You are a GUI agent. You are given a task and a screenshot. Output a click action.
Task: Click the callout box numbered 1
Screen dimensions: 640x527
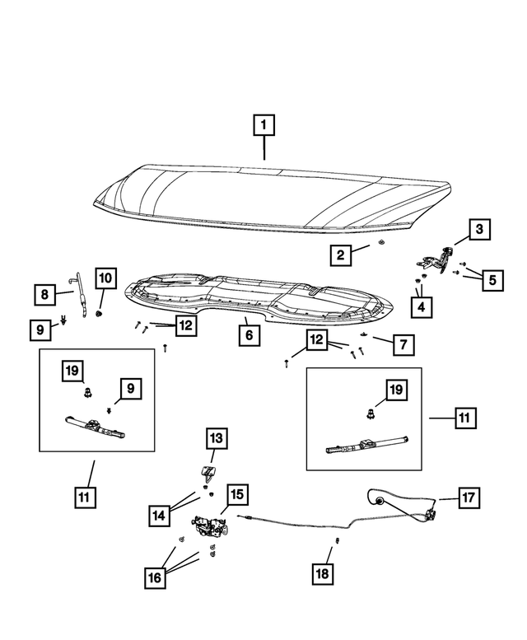coord(263,126)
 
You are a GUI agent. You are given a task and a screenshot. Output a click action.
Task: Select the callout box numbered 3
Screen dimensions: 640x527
coord(480,229)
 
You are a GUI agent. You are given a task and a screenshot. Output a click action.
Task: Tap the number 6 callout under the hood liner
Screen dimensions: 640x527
coord(245,336)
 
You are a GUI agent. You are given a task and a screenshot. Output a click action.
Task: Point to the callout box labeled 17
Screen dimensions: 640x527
coord(468,498)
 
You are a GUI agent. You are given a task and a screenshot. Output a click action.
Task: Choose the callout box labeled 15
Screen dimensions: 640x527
coord(236,495)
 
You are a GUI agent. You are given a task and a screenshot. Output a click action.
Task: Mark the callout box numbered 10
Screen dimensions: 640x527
coord(105,280)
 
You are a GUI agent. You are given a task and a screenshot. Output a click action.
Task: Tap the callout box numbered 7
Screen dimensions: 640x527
coord(403,345)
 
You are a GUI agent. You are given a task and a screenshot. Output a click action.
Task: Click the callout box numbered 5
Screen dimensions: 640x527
coord(492,280)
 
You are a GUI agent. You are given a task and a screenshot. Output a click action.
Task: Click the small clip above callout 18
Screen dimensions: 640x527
coord(338,541)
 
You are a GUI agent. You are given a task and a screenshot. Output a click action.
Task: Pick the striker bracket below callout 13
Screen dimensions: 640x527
coord(209,474)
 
